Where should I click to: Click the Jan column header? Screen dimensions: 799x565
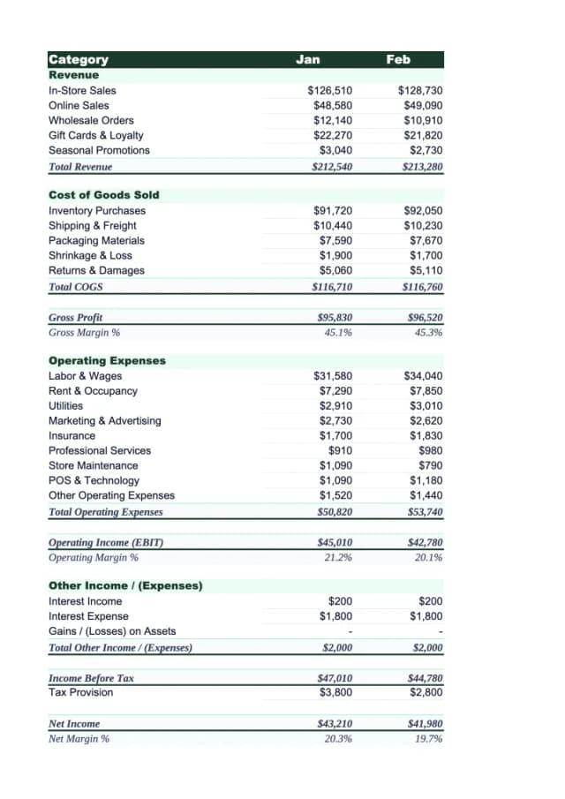[307, 59]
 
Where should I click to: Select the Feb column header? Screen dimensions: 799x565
[398, 59]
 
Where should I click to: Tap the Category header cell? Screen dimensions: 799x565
[79, 59]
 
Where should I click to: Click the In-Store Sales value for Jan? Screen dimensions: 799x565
[329, 90]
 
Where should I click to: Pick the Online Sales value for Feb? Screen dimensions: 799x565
[421, 105]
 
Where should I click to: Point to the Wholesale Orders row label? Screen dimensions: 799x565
[91, 120]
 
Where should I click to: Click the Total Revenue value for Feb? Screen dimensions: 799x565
[422, 166]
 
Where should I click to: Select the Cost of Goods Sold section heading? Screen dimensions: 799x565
[103, 194]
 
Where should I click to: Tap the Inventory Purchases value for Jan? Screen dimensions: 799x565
[332, 210]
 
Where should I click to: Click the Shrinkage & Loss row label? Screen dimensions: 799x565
[90, 255]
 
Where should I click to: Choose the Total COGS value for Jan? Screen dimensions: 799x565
[332, 286]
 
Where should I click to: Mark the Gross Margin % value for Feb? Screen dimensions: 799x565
[427, 333]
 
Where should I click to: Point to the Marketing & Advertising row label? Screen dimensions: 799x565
[104, 420]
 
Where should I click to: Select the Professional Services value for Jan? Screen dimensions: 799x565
[339, 450]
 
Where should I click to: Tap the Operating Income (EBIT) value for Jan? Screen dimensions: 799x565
[334, 542]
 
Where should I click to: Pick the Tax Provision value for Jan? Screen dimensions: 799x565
[335, 692]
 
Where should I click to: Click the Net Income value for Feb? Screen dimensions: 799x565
[424, 723]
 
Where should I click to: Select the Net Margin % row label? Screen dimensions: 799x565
[79, 738]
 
